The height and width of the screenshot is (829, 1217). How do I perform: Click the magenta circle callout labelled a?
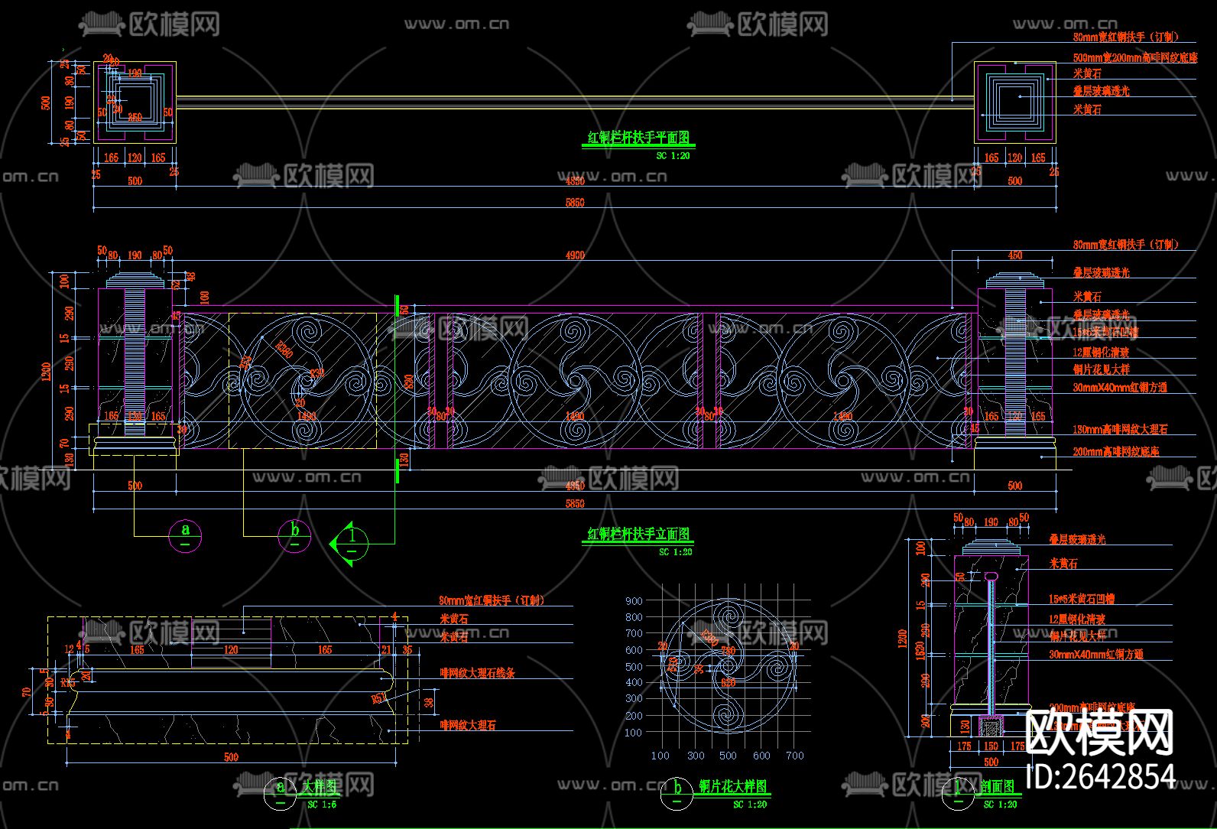click(185, 535)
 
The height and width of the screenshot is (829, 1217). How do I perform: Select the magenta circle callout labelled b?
click(294, 535)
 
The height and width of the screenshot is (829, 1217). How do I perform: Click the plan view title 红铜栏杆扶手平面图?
click(638, 138)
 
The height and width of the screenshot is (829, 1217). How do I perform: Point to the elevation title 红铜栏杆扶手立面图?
click(638, 534)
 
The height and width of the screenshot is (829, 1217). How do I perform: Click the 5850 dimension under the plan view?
click(575, 203)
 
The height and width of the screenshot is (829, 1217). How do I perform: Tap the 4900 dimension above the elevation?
click(575, 255)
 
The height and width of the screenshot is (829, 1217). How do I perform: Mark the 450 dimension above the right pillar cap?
click(1014, 255)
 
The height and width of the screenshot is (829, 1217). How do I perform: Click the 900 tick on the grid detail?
click(634, 601)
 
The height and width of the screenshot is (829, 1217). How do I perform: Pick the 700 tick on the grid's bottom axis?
click(795, 756)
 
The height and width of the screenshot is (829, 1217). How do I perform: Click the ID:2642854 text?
click(1102, 775)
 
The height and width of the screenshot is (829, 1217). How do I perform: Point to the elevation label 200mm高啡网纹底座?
click(1115, 452)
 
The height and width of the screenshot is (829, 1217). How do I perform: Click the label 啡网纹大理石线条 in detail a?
click(477, 674)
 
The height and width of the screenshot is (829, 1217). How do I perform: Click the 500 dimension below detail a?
click(231, 757)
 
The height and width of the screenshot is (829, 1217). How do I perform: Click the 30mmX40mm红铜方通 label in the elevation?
click(1119, 388)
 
